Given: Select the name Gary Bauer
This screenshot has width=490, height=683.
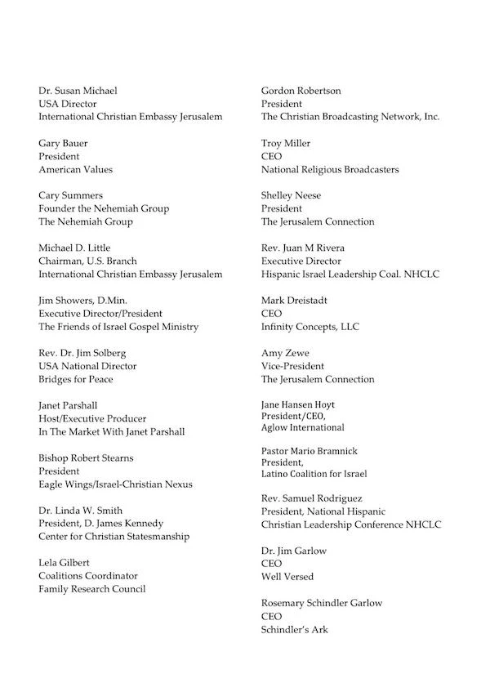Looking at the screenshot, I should click(x=63, y=143).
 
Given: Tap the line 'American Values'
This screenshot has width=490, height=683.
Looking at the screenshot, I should click(x=75, y=169).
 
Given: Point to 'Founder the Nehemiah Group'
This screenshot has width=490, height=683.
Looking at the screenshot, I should click(x=104, y=208).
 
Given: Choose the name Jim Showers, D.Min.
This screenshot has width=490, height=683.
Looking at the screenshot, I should click(x=82, y=301).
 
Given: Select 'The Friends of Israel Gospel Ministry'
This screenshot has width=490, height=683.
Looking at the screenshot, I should click(x=118, y=327).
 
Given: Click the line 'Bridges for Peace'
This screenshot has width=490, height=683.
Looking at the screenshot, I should click(x=76, y=379).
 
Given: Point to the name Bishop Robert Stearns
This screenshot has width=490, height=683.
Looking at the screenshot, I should click(x=86, y=458).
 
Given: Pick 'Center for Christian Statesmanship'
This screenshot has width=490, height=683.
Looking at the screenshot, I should click(x=114, y=537).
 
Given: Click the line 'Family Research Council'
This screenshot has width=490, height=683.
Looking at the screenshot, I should click(x=91, y=589).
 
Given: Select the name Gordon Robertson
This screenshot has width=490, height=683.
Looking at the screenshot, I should click(x=301, y=91).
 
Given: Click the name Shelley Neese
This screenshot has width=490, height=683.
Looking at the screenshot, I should click(x=292, y=195).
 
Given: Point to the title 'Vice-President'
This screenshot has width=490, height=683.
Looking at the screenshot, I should click(x=292, y=366).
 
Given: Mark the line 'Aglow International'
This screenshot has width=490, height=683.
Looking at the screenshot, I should click(x=303, y=427).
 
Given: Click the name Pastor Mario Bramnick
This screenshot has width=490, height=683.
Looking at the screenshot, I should click(x=310, y=451).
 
